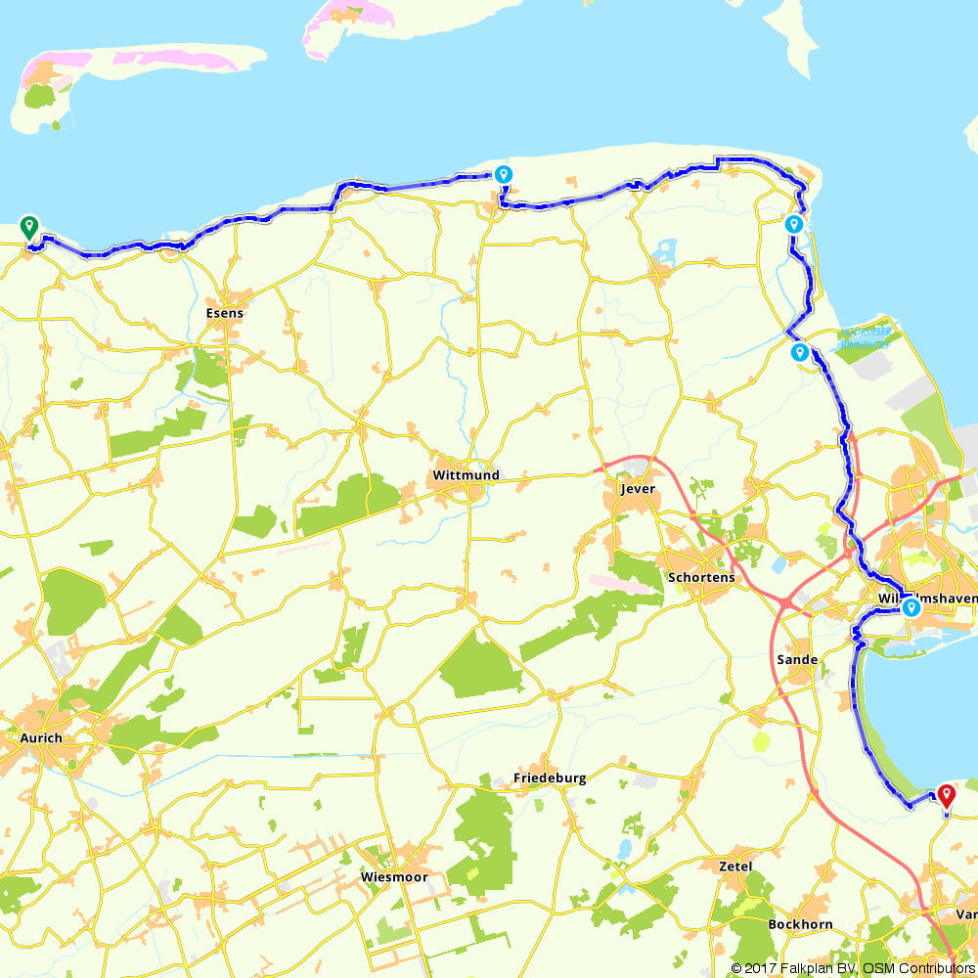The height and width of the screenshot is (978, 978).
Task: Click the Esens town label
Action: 225,314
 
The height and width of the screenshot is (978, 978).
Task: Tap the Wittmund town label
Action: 465,475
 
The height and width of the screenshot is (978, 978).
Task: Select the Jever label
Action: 637,489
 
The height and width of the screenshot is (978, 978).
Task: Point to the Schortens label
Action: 700,577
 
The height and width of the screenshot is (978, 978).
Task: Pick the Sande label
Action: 796,660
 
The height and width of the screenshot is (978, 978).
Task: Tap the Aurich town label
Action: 41,738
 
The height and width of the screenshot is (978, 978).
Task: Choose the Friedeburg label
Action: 550,778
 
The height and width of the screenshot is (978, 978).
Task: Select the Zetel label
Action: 734,867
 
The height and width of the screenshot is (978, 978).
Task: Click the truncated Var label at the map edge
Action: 966,915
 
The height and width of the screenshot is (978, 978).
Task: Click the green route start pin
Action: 29,226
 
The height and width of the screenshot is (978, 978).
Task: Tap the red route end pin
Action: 946,794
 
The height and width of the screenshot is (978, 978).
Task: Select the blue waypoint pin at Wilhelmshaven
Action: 911,607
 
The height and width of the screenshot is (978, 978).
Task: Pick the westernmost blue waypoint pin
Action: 503,174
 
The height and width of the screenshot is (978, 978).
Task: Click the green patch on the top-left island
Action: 40,97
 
